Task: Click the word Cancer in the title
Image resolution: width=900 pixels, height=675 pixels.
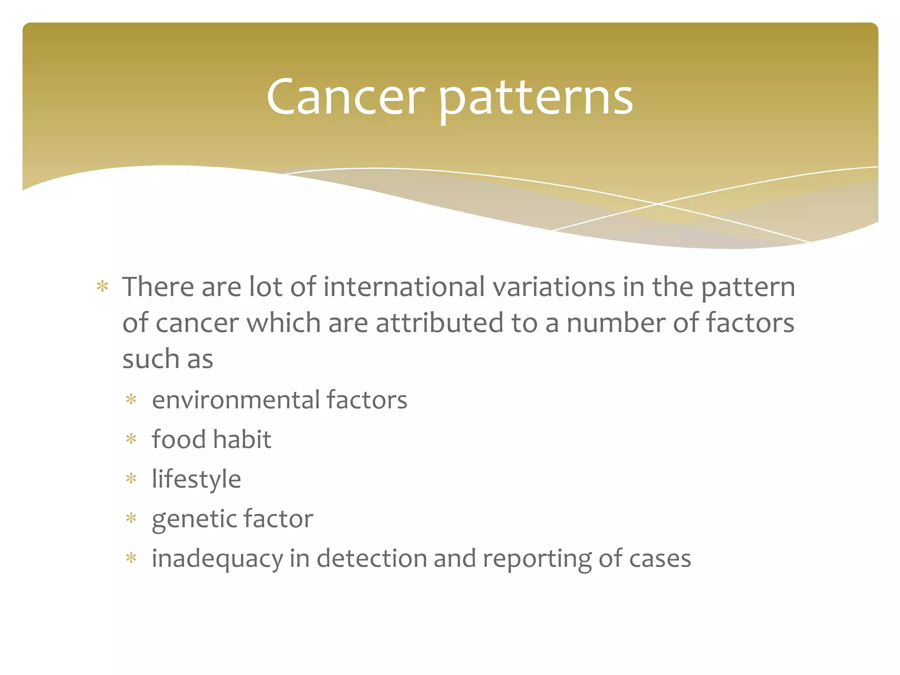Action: tap(345, 98)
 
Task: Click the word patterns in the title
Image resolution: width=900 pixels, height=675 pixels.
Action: tap(536, 99)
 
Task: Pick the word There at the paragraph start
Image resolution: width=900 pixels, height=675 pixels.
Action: tap(158, 287)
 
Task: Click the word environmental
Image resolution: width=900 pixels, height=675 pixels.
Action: tap(236, 400)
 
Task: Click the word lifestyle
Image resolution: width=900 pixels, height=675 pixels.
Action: tap(196, 479)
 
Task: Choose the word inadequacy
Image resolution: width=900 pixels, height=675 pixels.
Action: tap(217, 559)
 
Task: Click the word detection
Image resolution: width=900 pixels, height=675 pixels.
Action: tap(371, 558)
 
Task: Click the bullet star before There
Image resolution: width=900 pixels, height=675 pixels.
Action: tap(102, 287)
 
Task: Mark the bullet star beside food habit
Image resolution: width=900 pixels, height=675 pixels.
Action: tap(131, 439)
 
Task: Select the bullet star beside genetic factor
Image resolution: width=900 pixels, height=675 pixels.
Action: tap(131, 519)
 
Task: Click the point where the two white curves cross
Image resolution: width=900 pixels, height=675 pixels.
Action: tap(658, 204)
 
